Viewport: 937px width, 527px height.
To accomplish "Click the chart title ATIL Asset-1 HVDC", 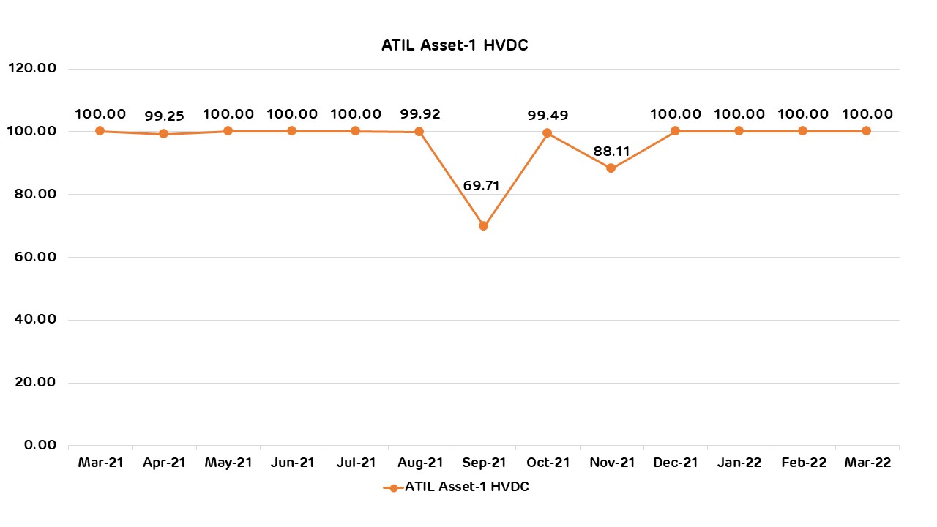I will point(455,45).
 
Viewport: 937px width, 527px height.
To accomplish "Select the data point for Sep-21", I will point(483,225).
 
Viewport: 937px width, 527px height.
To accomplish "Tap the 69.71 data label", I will point(481,185).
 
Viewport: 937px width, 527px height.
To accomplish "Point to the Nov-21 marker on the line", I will point(611,168).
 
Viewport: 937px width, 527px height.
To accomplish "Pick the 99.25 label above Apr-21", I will point(164,116).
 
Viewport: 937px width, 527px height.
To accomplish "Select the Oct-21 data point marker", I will point(547,132).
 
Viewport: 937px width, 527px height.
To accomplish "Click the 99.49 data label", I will point(548,115).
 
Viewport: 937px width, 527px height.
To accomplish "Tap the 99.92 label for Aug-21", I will point(419,113).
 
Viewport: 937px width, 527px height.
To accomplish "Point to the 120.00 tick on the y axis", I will point(31,68).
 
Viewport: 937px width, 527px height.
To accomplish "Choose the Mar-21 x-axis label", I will point(100,463).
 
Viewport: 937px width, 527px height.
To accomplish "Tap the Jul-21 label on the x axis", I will point(356,463).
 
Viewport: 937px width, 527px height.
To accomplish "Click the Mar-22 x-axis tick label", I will point(867,463).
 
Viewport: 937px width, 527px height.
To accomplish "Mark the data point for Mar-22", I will point(866,131).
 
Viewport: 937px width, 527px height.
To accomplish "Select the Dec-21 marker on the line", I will point(675,131).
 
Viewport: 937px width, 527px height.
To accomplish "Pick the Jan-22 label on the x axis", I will point(739,463).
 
